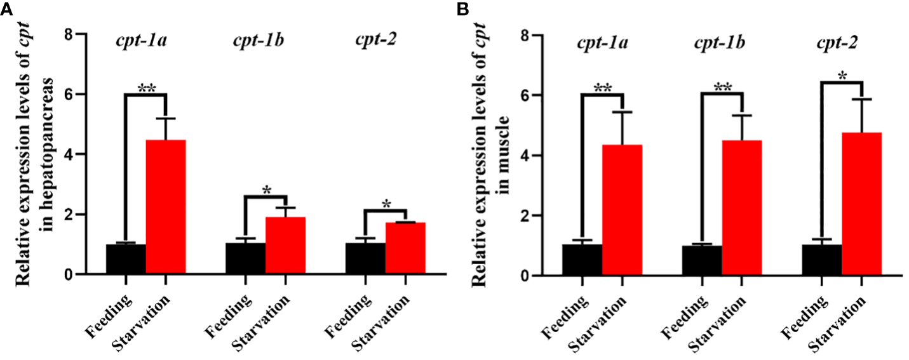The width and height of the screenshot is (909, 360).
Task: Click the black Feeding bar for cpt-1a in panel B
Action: pos(582,260)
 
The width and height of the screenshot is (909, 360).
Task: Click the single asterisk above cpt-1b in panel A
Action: pos(266,190)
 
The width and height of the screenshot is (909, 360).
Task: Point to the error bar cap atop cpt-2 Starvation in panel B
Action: pos(861,99)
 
